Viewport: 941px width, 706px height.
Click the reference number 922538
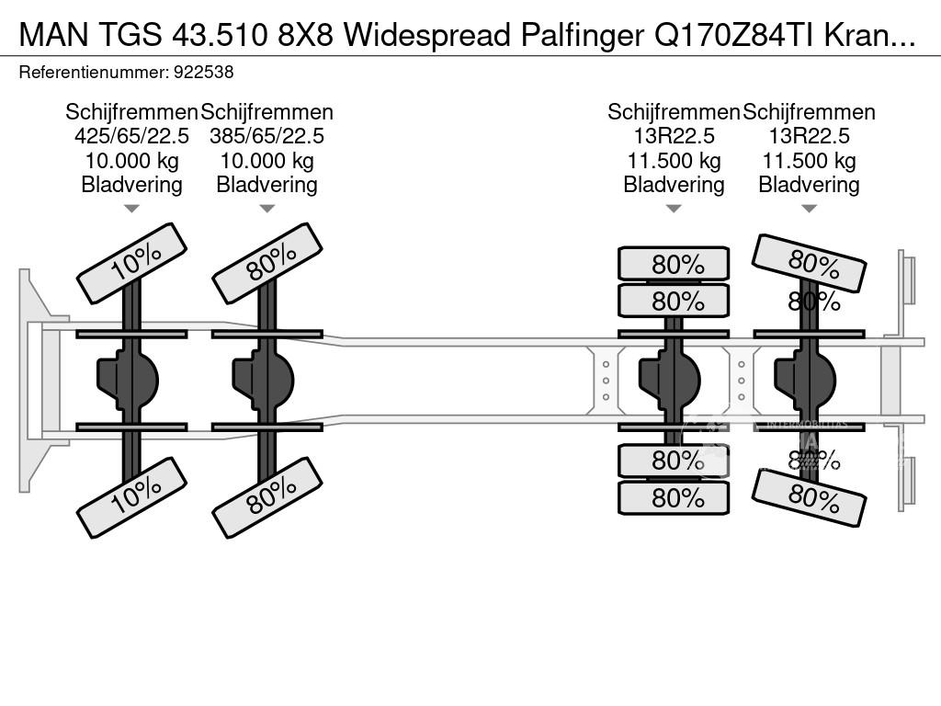point(208,72)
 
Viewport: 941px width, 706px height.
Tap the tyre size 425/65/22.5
point(131,136)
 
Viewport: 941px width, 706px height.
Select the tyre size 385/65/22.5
point(266,136)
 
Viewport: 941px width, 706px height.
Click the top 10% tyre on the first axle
point(131,263)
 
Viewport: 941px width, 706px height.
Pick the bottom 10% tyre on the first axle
point(131,497)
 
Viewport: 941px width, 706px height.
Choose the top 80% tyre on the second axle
point(266,263)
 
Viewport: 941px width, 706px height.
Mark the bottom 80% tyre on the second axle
point(266,497)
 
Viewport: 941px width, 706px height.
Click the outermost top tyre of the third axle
point(674,264)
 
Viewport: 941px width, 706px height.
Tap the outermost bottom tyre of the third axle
point(674,497)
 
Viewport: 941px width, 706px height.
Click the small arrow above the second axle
point(266,209)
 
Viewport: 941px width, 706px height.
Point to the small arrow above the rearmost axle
point(809,209)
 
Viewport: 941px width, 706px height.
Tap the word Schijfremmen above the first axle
point(131,112)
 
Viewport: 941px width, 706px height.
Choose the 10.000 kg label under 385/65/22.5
point(266,161)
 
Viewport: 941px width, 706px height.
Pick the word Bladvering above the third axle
point(674,185)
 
